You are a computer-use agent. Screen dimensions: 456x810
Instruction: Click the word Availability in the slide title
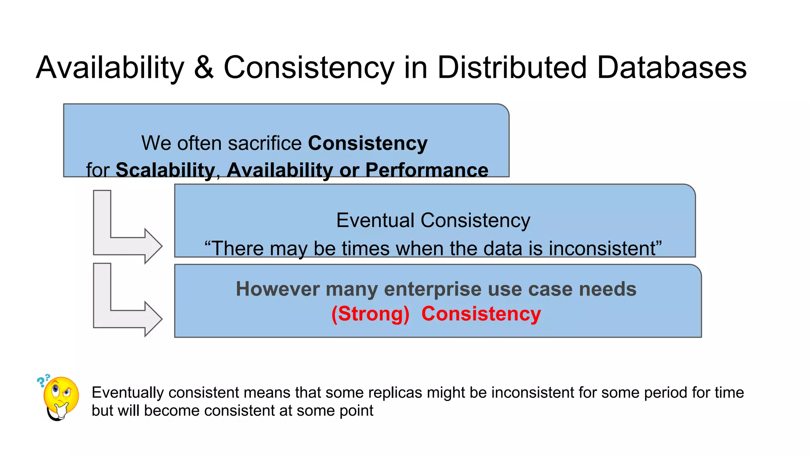110,68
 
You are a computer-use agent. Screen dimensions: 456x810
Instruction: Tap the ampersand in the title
204,68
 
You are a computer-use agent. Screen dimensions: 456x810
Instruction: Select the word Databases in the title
672,68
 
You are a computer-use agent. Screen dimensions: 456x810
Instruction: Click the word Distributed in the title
512,68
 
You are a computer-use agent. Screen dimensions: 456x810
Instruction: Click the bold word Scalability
165,170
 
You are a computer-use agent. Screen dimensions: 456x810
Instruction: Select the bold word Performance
426,170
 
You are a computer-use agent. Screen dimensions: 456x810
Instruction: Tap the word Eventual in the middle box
375,220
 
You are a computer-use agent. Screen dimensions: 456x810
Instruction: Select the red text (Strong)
370,314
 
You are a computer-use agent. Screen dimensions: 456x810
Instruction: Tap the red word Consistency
481,314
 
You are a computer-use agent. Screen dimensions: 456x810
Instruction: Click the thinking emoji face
61,397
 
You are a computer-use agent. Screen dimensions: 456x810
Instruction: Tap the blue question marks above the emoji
43,380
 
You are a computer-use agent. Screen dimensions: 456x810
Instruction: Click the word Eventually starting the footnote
127,393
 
